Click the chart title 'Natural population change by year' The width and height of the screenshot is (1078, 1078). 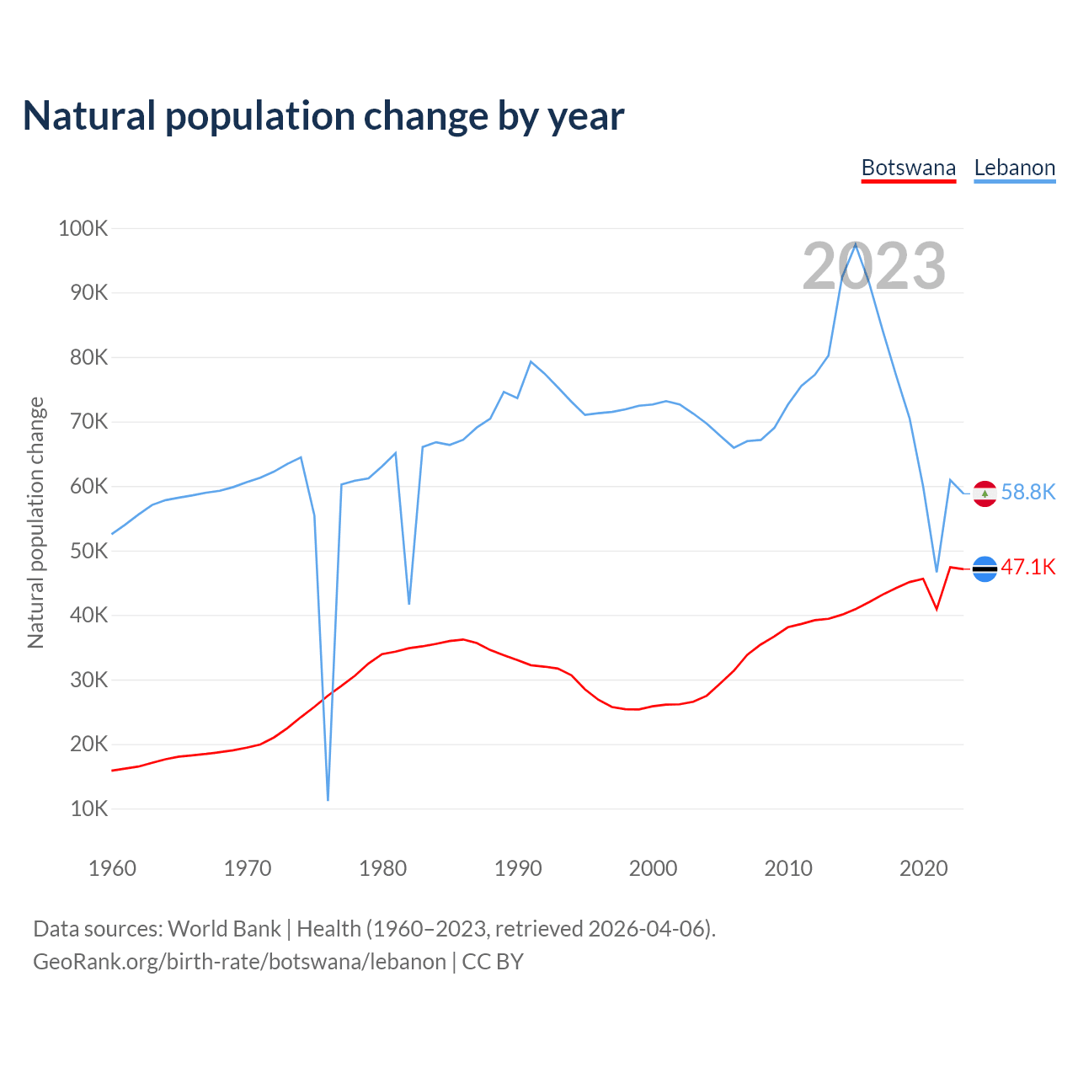[323, 116]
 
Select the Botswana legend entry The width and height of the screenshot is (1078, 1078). [908, 168]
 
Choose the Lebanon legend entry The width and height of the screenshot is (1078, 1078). [1014, 168]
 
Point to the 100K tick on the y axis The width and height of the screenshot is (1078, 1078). [83, 228]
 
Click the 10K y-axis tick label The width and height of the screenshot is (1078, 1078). [88, 808]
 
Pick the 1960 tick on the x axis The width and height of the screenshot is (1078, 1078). [112, 868]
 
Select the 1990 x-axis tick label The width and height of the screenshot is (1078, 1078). [518, 868]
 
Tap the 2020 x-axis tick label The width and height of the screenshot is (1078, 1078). [924, 868]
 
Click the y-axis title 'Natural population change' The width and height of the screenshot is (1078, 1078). [35, 522]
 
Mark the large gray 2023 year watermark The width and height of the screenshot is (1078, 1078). [873, 266]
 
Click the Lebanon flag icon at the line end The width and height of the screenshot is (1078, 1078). [985, 494]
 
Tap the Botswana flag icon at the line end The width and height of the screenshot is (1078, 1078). [985, 569]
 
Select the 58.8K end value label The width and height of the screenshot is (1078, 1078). [1027, 493]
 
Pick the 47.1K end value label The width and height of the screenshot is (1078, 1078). [1027, 568]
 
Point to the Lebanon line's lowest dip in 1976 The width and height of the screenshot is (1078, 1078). [328, 798]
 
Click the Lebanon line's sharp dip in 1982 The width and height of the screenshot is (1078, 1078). [409, 603]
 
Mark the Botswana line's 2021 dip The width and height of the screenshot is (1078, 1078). [937, 608]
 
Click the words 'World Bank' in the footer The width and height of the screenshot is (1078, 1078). [224, 929]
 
